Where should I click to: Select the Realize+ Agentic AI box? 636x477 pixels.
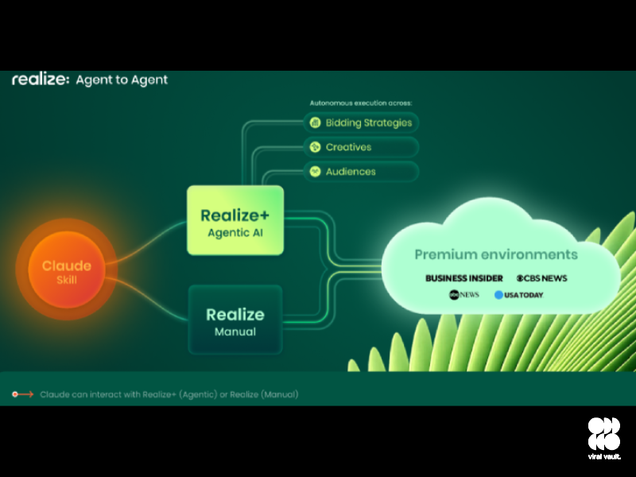(x=235, y=221)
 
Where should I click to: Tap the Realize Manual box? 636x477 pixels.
(x=235, y=320)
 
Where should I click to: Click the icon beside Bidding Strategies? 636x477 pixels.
(x=316, y=122)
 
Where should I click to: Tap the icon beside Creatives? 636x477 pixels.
(x=316, y=147)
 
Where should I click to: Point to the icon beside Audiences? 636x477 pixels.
(x=316, y=171)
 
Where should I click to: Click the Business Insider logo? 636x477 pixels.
(x=464, y=278)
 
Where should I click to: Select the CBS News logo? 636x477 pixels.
(x=541, y=278)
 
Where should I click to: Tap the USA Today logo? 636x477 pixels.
(x=518, y=295)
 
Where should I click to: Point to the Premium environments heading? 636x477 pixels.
(x=496, y=254)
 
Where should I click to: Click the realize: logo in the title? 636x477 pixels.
(x=41, y=80)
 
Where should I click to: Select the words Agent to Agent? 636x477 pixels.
(x=122, y=80)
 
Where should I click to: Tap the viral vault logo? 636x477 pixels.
(x=604, y=437)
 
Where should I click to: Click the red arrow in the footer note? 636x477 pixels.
(x=23, y=394)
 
